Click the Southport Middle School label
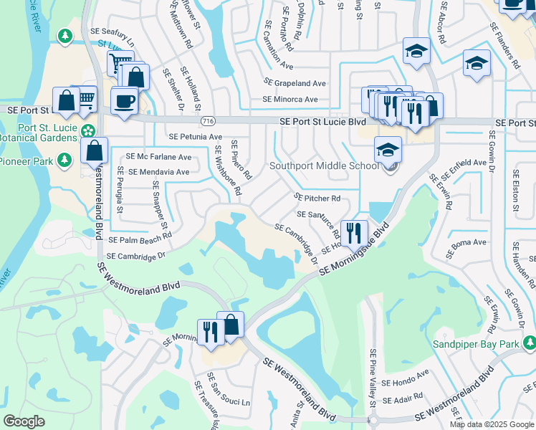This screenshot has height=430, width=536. pos(323,166)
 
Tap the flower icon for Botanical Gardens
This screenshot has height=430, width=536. pos(87,131)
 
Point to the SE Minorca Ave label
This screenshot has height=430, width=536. pos(289,100)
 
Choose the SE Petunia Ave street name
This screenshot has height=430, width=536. pos(195,136)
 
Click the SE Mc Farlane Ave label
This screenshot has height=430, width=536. pos(158,157)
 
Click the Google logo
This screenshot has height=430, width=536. pos(24,421)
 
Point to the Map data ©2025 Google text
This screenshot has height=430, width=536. pos(491,424)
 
